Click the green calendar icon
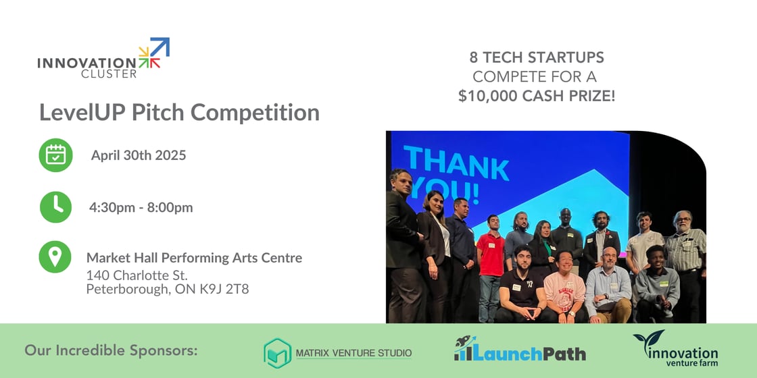pyautogui.click(x=55, y=155)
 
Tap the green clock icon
pyautogui.click(x=55, y=207)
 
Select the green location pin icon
pyautogui.click(x=55, y=257)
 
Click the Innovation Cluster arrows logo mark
pyautogui.click(x=154, y=53)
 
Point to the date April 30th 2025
pyautogui.click(x=139, y=155)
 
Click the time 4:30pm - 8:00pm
pyautogui.click(x=141, y=207)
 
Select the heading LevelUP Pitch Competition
pyautogui.click(x=179, y=112)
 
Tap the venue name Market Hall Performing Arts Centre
pyautogui.click(x=194, y=258)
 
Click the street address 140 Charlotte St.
pyautogui.click(x=137, y=275)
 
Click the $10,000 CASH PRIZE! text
pyautogui.click(x=537, y=96)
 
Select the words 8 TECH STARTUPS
pyautogui.click(x=537, y=57)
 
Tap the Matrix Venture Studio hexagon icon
pyautogui.click(x=277, y=353)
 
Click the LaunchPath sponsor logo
pyautogui.click(x=520, y=350)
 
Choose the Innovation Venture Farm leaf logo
pyautogui.click(x=648, y=340)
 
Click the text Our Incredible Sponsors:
pyautogui.click(x=112, y=350)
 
